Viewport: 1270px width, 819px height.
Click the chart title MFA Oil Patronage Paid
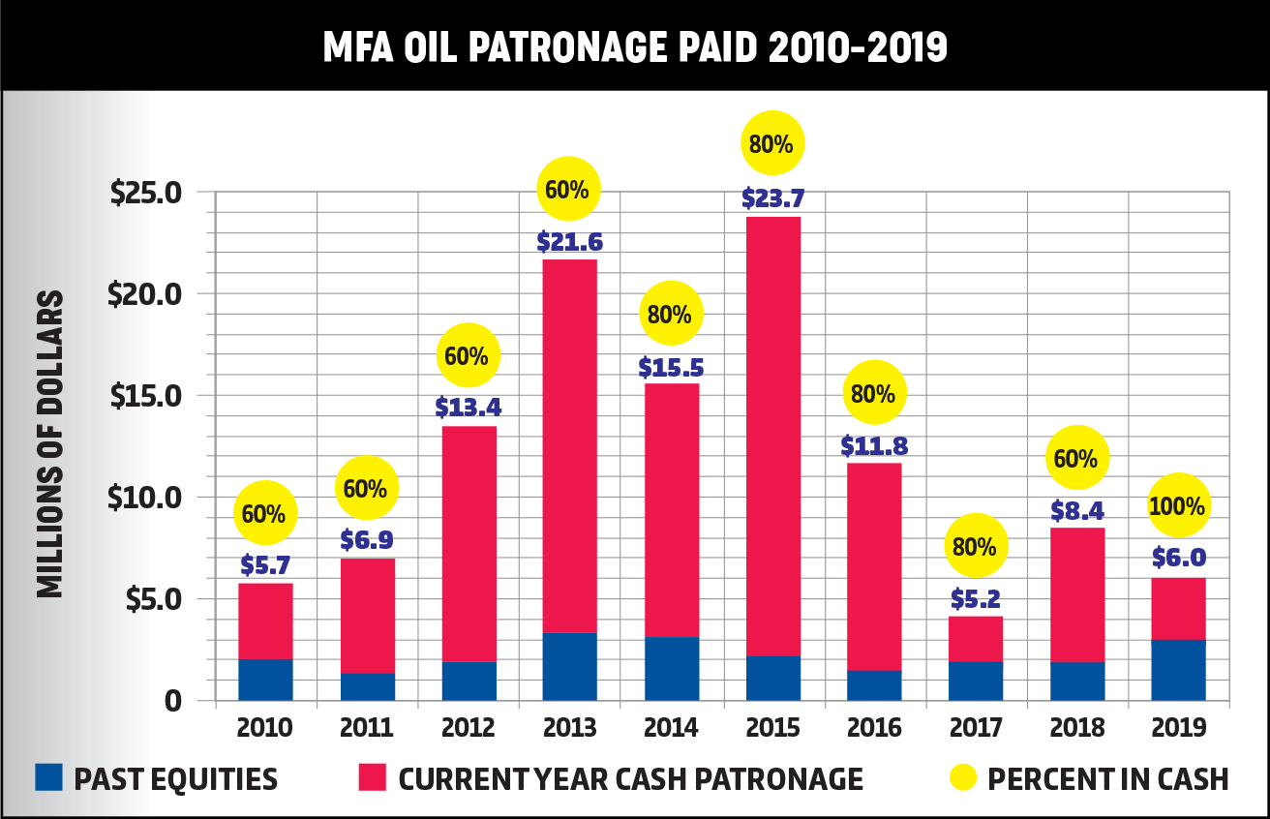coord(635,45)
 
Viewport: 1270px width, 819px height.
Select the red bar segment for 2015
coord(772,436)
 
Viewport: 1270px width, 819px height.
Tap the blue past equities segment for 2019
coord(1178,669)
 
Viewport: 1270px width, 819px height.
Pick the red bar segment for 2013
coord(569,445)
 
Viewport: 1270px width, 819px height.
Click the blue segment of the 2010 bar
coord(265,679)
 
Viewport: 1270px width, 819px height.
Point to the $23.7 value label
coord(772,198)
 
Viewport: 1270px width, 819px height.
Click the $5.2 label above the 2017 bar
coord(975,599)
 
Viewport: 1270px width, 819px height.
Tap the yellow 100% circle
coord(1177,505)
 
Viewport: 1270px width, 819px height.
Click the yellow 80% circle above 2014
coord(670,314)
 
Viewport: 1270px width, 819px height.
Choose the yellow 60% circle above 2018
coord(1076,458)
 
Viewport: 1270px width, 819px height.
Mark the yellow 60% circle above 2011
coord(366,488)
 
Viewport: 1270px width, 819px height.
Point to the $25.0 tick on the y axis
coord(146,192)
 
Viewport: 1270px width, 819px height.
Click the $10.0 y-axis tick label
coord(146,498)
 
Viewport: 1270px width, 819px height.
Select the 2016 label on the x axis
coord(873,727)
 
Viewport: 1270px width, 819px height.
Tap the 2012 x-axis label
coord(469,727)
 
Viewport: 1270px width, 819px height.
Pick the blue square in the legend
coord(48,776)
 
